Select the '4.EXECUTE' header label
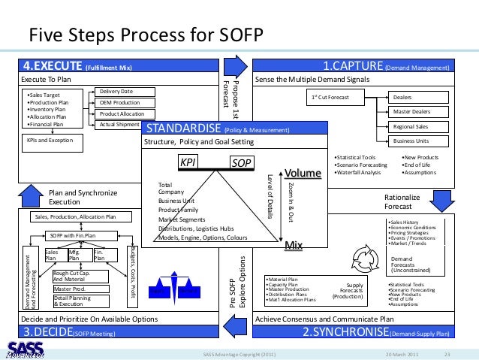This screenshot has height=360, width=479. (53, 67)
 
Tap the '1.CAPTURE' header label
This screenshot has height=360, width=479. (352, 67)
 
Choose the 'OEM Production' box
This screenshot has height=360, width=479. (120, 102)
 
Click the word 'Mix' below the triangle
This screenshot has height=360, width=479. (293, 245)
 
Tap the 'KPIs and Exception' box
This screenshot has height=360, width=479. (50, 140)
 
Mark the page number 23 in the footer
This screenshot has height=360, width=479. (447, 354)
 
